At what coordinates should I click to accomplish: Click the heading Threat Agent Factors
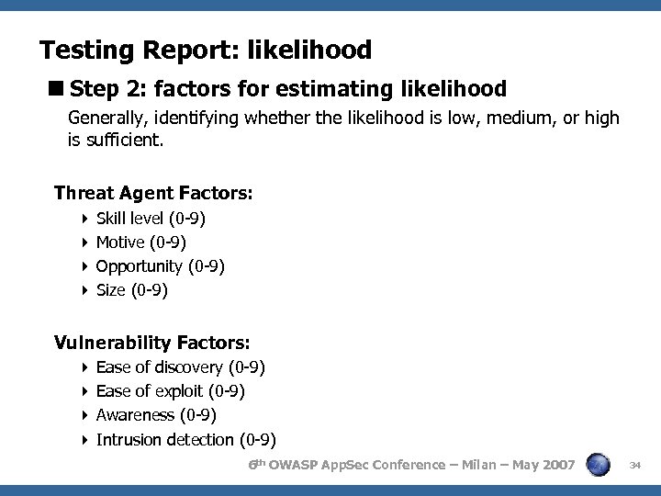point(153,193)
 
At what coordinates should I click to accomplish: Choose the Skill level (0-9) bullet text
point(151,219)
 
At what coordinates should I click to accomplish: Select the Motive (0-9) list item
point(140,242)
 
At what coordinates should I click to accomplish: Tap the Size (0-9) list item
point(131,290)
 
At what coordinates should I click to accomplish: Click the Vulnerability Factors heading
point(151,343)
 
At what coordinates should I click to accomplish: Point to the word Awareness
point(135,415)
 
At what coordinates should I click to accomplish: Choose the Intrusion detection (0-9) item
point(185,439)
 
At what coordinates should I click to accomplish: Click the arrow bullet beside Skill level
point(84,219)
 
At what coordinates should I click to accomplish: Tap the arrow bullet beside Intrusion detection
point(84,439)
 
